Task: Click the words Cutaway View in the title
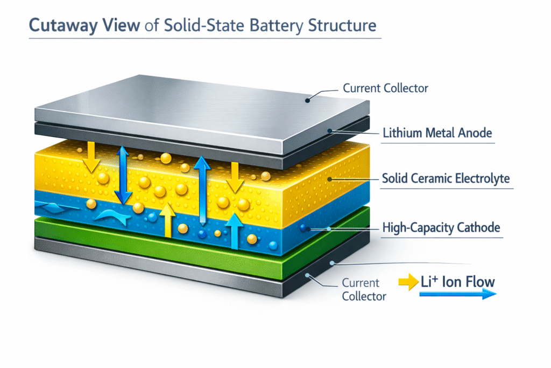[86, 25]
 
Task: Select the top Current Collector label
[385, 88]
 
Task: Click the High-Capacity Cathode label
[441, 228]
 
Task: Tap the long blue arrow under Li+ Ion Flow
[457, 294]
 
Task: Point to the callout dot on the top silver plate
[308, 99]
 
